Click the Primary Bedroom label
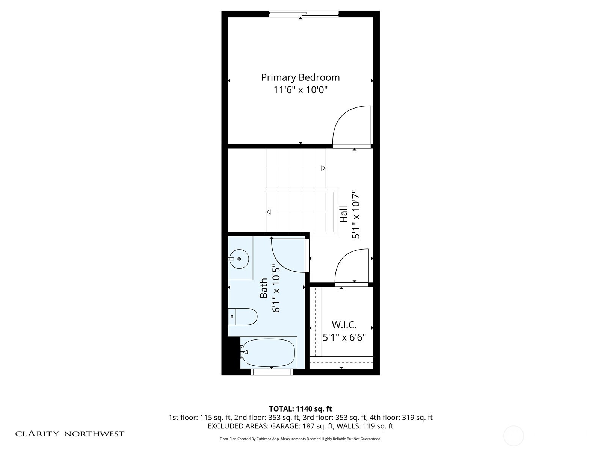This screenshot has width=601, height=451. (300, 77)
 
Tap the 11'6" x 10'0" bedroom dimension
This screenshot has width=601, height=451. (300, 90)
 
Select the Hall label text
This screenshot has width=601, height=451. (343, 214)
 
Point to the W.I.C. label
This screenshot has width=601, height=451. (344, 325)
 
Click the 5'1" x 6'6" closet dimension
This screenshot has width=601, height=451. (344, 337)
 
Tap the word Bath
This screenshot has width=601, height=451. (264, 288)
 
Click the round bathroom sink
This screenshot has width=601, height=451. (239, 259)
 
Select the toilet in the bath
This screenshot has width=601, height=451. (243, 317)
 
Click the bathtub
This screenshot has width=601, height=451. (269, 353)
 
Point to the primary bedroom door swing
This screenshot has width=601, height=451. (352, 126)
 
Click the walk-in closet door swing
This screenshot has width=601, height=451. (352, 266)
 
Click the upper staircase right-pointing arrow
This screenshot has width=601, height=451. (323, 168)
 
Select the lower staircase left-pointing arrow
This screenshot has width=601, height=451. (269, 212)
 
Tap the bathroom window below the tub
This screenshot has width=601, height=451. (272, 372)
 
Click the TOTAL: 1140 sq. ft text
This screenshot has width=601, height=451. (300, 409)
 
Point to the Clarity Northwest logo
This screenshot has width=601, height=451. (70, 434)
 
